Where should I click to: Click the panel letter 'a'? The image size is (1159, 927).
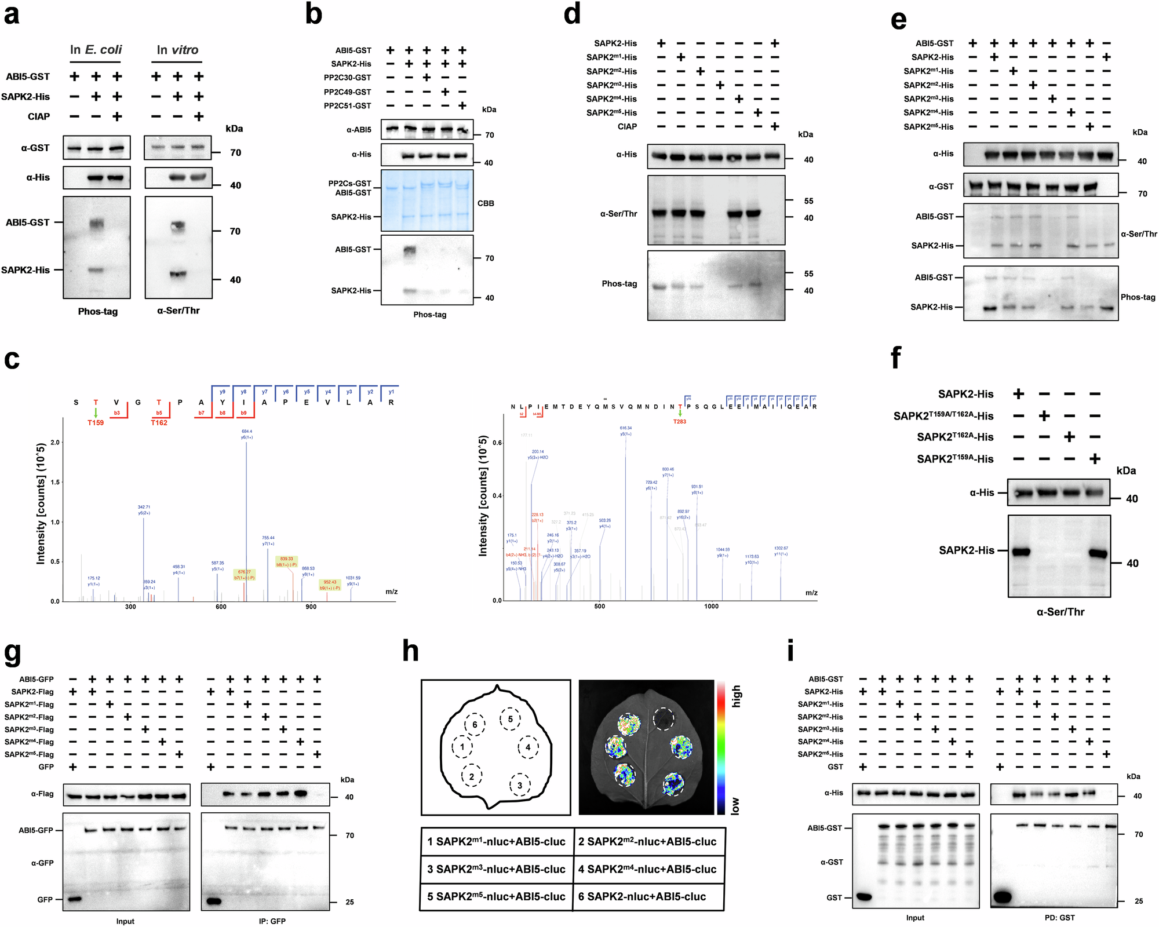point(12,14)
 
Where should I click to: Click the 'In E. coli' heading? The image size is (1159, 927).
point(96,50)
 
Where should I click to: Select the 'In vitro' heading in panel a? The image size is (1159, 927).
point(177,50)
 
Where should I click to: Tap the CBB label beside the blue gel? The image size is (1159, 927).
point(486,203)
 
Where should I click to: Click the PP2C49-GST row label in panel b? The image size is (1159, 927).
point(347,92)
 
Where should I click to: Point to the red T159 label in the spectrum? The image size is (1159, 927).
point(96,423)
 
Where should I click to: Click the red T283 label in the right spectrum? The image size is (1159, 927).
point(679,422)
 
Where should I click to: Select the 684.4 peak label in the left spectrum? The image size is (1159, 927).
point(247,432)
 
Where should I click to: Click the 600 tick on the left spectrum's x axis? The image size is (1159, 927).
point(221,607)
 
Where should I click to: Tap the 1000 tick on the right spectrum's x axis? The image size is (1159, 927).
point(711,607)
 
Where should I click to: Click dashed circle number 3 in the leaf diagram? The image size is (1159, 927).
point(520,786)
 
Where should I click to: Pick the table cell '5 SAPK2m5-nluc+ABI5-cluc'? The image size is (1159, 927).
point(496,897)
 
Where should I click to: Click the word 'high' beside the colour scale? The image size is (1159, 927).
point(736,696)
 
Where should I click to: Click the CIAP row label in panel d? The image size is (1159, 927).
point(627,126)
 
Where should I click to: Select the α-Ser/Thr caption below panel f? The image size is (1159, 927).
point(1060,612)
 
